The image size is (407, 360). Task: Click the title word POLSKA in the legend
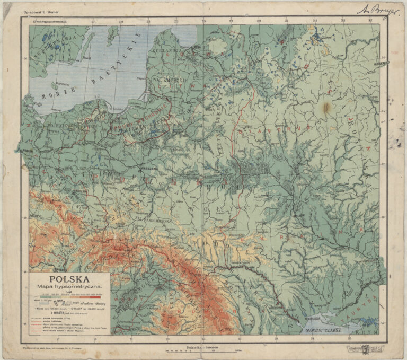[69, 278]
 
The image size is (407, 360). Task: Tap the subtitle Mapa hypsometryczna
[69, 286]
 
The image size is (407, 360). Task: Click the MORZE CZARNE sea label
[328, 330]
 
